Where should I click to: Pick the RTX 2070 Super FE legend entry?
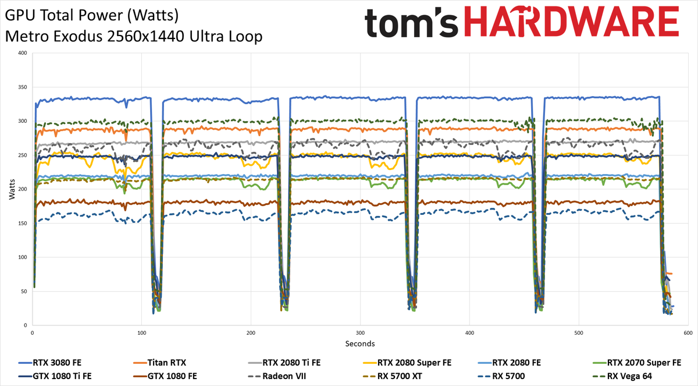click(x=644, y=362)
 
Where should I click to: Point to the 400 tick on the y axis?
click(x=22, y=54)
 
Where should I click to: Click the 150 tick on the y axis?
click(x=22, y=224)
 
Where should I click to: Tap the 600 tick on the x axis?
click(x=688, y=333)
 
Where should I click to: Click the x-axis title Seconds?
click(x=360, y=343)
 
